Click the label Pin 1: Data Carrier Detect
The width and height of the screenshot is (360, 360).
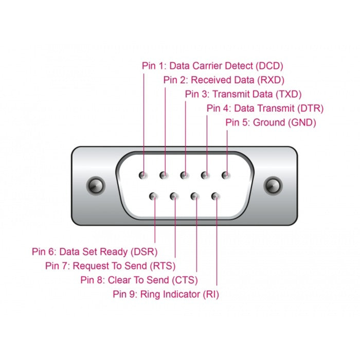[x=212, y=66]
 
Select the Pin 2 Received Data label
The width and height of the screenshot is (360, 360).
[x=224, y=80]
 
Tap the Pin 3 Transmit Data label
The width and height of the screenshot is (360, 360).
[x=243, y=94]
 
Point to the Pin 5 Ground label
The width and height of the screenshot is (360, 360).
[x=271, y=122]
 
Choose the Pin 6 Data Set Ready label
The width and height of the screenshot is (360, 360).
[x=95, y=251]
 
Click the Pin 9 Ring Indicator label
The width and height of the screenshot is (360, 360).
[x=166, y=294]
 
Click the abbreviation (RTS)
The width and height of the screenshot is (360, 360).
[x=163, y=266]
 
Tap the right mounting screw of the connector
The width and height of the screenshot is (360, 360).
[x=273, y=185]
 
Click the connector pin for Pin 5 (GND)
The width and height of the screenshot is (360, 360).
[x=226, y=175]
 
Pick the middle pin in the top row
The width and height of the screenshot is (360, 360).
[x=185, y=175]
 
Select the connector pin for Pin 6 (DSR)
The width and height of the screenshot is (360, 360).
[x=154, y=196]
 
